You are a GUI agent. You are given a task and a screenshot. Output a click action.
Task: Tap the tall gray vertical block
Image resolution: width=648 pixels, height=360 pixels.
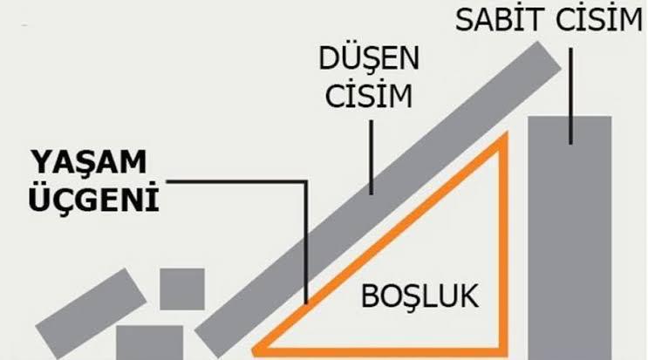pos(570,235)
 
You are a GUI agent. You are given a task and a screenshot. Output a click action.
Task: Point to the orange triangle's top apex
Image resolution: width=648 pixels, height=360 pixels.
pos(502,139)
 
